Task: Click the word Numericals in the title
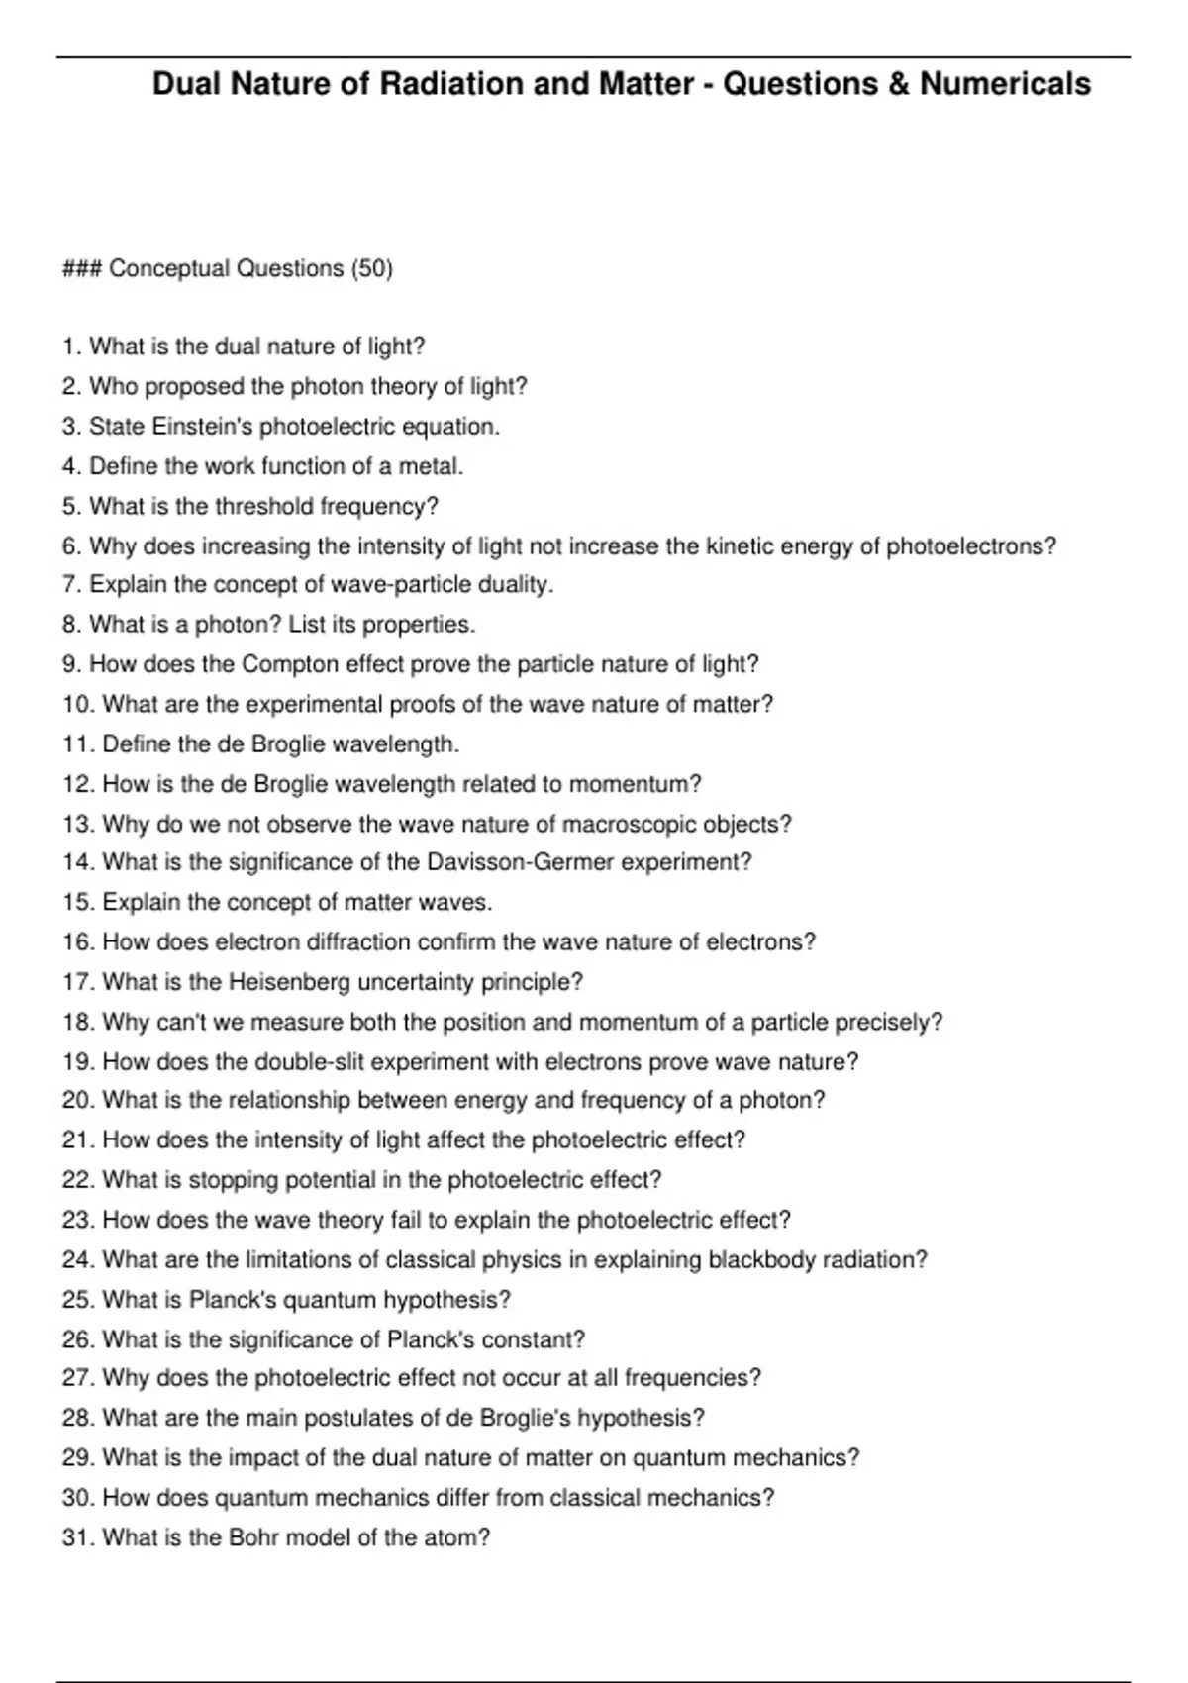tap(1005, 84)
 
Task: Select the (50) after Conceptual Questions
tap(372, 269)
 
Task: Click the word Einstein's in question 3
tap(188, 427)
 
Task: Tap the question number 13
tap(77, 824)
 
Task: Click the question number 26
tap(77, 1340)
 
